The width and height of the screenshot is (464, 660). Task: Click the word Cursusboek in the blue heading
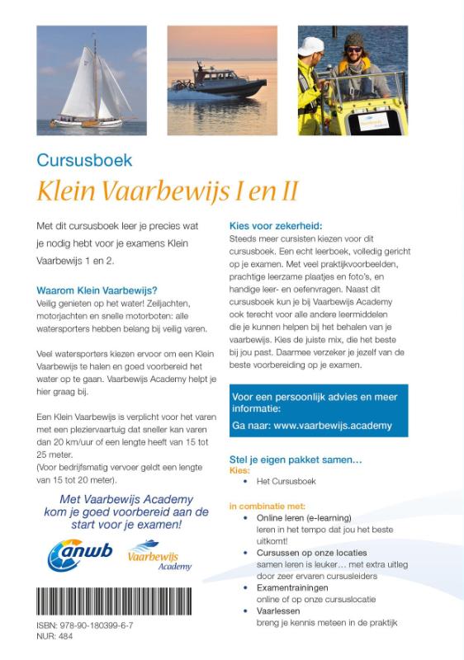click(85, 160)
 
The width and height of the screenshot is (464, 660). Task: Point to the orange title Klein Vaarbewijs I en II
click(168, 191)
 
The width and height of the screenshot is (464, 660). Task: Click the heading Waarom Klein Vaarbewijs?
click(98, 290)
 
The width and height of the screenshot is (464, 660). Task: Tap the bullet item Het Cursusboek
click(286, 480)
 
